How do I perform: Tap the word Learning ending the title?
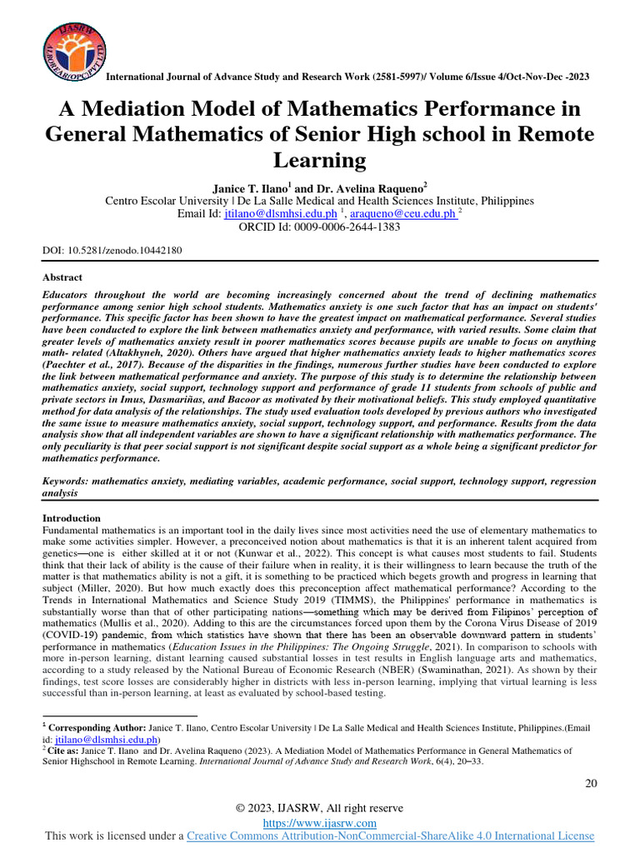tap(320, 160)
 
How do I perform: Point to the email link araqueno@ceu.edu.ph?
tap(403, 214)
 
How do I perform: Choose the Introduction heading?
tap(71, 518)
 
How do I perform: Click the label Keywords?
tap(69, 481)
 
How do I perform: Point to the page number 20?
tap(591, 783)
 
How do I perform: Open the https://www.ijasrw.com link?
tap(319, 822)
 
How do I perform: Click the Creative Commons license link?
tap(390, 836)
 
